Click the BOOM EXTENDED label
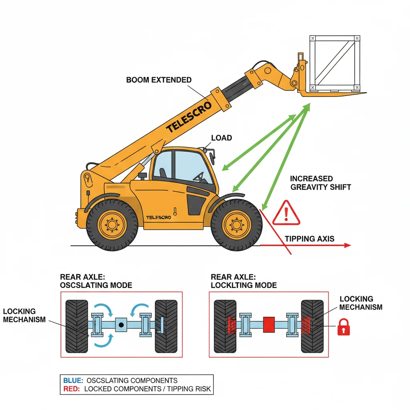[159, 80]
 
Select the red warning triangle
[286, 213]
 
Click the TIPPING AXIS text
[310, 239]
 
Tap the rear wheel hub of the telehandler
[112, 225]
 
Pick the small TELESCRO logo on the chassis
[159, 217]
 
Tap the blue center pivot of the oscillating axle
[121, 324]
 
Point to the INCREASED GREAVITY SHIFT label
[320, 183]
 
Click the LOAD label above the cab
[221, 138]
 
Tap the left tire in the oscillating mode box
[76, 326]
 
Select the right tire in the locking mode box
[312, 326]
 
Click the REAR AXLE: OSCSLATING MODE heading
[96, 281]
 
